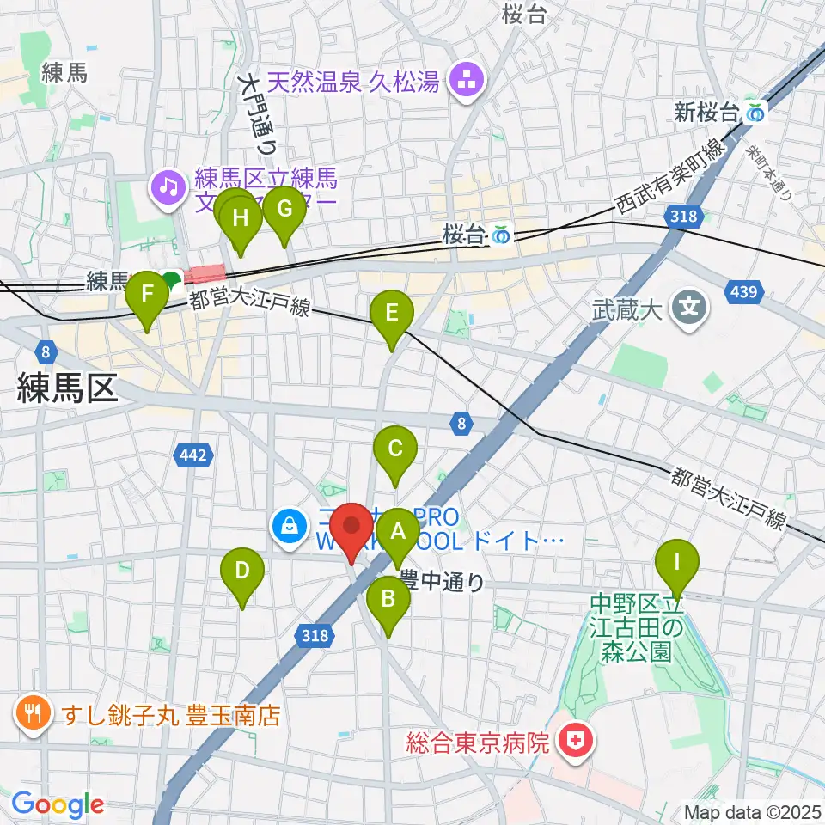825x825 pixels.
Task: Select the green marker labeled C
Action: (x=395, y=449)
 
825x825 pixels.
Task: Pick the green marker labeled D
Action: (x=242, y=571)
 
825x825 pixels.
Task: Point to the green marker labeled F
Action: (x=148, y=295)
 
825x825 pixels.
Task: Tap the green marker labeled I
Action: (x=677, y=564)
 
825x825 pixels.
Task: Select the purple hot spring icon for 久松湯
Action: (x=470, y=83)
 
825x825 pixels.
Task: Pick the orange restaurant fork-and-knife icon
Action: (x=34, y=714)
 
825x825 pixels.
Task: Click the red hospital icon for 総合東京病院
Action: (x=573, y=742)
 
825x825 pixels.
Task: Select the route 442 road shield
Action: (x=194, y=455)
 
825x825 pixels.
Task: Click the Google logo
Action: (x=58, y=804)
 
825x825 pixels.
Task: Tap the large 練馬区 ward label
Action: (x=67, y=389)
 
